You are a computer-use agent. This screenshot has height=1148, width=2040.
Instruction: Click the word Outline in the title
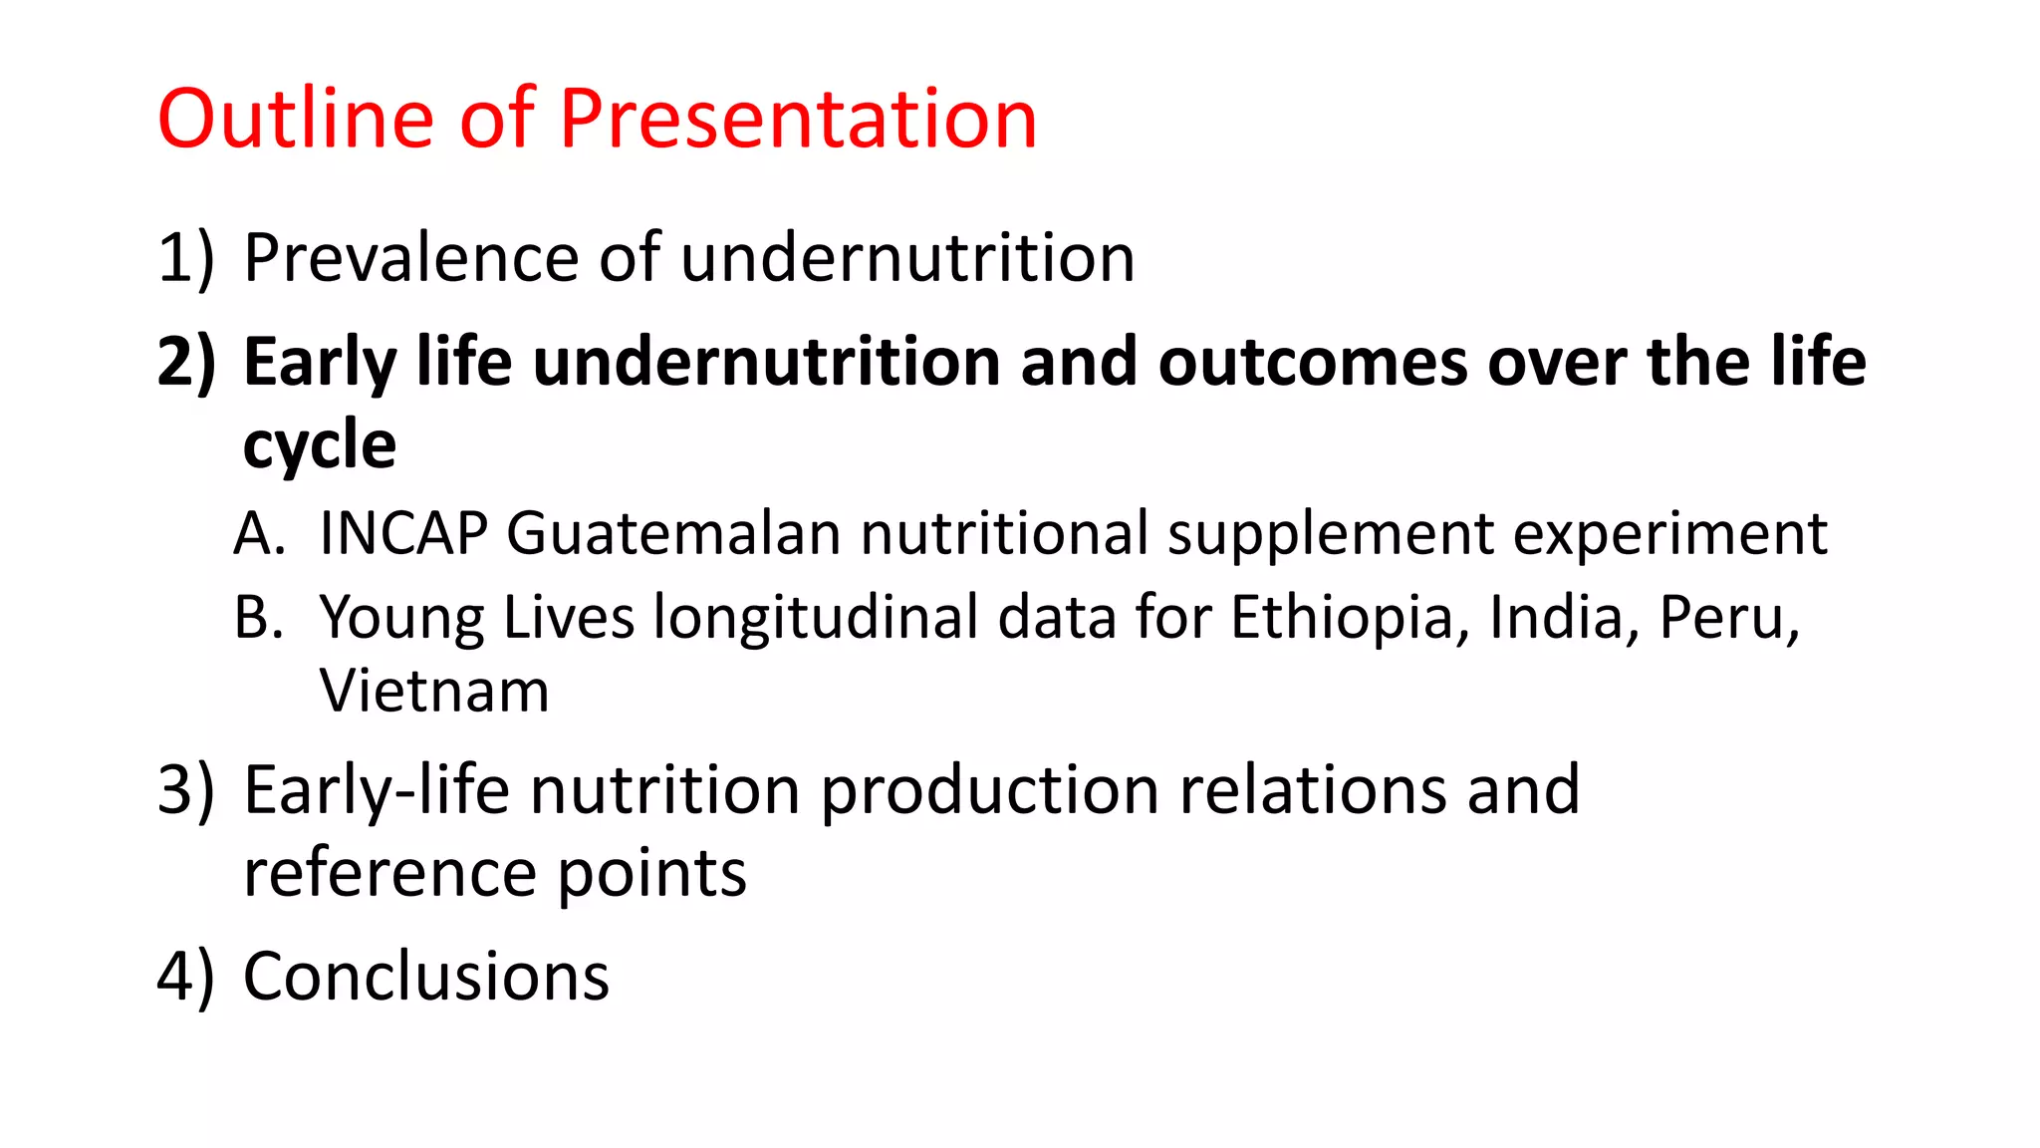tap(296, 119)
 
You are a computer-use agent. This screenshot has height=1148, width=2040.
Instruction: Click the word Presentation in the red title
tap(798, 119)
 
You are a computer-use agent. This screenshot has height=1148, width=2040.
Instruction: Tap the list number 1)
tap(186, 258)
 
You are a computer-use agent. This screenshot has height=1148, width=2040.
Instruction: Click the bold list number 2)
tap(186, 362)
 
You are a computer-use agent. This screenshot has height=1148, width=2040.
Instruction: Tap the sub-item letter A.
tap(258, 534)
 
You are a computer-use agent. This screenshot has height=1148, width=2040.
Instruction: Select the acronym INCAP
tap(402, 534)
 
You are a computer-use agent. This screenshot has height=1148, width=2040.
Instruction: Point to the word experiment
tap(1670, 534)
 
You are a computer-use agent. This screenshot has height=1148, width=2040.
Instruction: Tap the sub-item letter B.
tap(258, 618)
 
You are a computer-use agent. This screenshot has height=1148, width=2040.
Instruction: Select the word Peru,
tap(1729, 618)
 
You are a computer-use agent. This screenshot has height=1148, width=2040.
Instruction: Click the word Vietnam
tap(434, 692)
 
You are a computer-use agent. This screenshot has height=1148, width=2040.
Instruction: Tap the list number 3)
tap(186, 790)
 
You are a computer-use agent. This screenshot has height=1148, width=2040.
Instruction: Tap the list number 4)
tap(186, 977)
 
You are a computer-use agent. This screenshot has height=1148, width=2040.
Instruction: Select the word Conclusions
tap(426, 977)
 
